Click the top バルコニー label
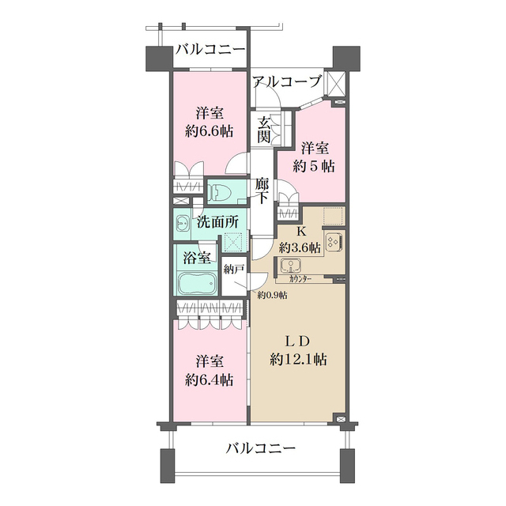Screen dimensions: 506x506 210,50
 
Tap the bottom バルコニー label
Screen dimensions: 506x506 260,448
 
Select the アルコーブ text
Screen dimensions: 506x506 287,81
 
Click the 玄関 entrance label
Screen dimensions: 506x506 264,130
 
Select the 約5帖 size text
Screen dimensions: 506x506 313,166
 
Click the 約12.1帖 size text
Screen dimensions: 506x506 298,359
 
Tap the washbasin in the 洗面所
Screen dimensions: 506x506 183,222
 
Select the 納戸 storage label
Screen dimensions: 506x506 232,269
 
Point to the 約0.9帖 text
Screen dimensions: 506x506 272,295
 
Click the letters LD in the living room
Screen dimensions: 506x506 296,341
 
